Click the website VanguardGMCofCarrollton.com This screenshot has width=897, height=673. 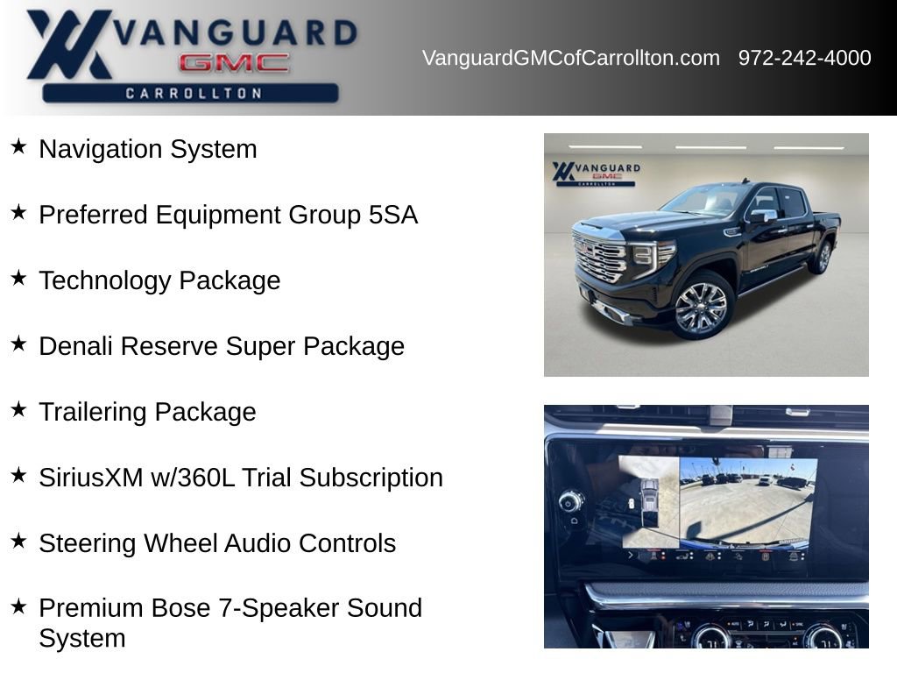(571, 58)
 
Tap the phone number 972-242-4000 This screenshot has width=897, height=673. (804, 58)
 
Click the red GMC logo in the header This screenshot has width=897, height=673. (234, 63)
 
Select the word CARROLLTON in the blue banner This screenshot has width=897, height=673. (194, 93)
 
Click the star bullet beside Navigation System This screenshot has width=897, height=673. (18, 146)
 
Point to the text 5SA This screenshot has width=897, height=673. (393, 215)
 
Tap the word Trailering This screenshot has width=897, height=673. (93, 412)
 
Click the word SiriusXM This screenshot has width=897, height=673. (91, 478)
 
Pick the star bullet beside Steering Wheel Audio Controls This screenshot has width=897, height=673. (18, 541)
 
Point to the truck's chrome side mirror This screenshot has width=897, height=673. (763, 216)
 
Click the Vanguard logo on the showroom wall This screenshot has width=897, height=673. (596, 174)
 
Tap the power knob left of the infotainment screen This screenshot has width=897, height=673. (569, 503)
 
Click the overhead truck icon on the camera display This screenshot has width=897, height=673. (649, 501)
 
